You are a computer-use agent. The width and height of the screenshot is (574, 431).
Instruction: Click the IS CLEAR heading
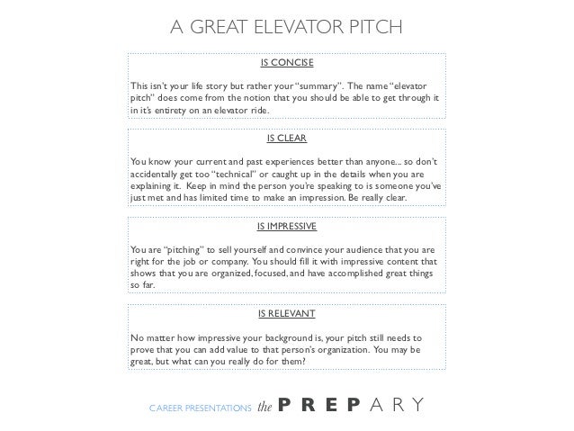pos(286,139)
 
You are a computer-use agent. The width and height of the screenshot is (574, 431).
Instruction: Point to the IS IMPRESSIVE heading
pos(286,226)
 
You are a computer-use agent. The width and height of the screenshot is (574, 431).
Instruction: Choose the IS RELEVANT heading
pos(286,315)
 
